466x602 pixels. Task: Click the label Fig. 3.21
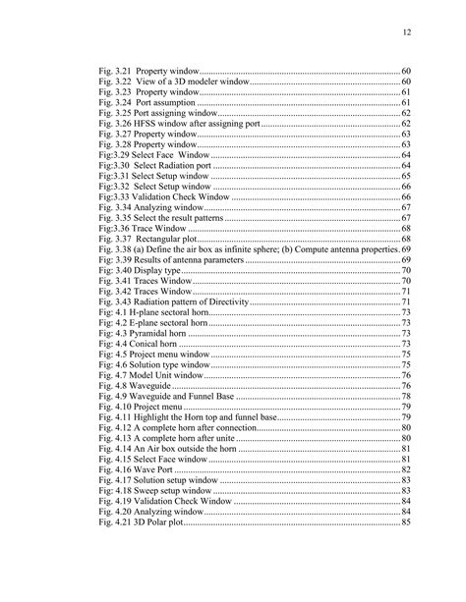coord(115,72)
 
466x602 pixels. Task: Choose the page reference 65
coord(405,176)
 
